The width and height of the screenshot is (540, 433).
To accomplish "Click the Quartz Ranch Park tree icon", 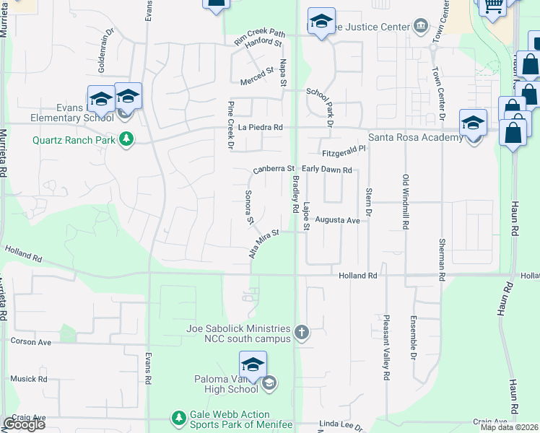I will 126,139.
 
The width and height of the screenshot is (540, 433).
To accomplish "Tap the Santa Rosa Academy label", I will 415,138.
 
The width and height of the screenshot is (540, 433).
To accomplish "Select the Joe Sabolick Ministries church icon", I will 302,333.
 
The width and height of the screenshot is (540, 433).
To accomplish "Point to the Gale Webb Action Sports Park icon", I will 178,417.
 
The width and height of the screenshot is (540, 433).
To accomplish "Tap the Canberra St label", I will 274,170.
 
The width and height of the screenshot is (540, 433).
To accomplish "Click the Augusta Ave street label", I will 337,220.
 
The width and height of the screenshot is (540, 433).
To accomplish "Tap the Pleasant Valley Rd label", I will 387,346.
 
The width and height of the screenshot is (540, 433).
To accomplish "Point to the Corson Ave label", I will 30,341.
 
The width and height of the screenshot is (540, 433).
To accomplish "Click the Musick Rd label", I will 28,378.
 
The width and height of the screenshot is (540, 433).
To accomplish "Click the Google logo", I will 24,424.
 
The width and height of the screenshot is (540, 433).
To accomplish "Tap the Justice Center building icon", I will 421,27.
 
